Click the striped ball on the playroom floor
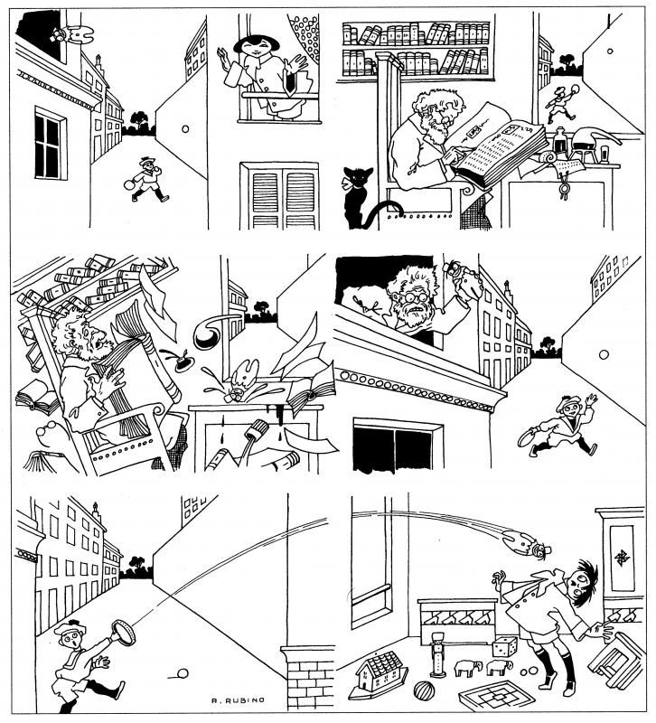coord(424,694)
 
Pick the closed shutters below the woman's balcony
coord(278,193)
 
